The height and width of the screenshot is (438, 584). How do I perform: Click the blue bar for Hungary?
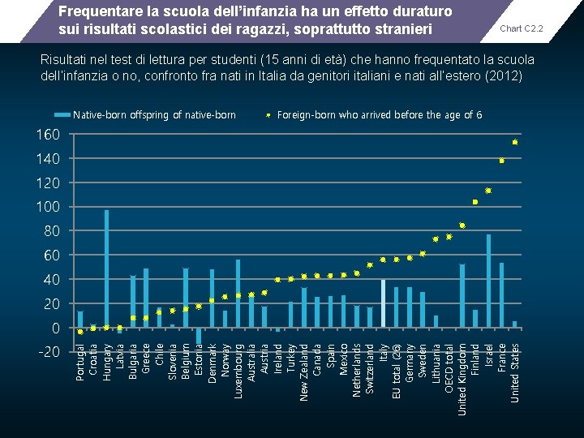point(106,268)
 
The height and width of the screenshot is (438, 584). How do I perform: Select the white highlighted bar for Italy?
point(383,303)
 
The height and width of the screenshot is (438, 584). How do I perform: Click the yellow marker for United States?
point(515,143)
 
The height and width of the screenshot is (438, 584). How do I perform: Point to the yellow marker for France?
point(502,161)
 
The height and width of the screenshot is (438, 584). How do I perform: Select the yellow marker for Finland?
point(475,202)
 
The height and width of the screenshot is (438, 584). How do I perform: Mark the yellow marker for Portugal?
point(80,332)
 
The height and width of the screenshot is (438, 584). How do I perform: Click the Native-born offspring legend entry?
point(154,115)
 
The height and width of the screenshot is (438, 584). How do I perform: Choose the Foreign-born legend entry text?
point(380,115)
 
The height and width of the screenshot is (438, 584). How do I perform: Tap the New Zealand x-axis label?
point(304,371)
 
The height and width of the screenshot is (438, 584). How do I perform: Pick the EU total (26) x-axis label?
point(397,371)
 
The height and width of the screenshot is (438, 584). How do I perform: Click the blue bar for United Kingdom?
point(462,296)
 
